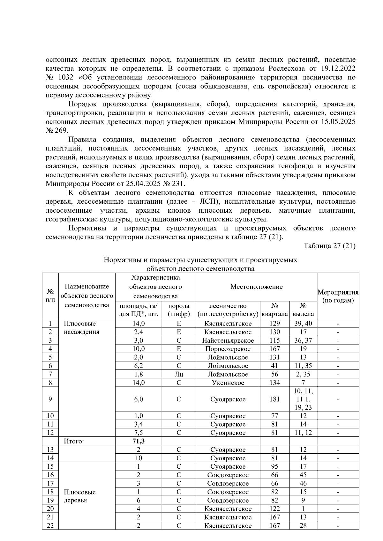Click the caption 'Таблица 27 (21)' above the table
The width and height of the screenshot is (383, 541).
click(329, 246)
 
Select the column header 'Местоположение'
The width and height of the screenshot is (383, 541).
click(256, 287)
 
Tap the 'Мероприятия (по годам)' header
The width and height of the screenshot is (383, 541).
click(338, 296)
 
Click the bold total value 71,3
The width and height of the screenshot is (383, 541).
click(139, 441)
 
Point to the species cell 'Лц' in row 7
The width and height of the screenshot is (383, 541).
click(179, 374)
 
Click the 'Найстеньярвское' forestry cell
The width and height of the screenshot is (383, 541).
click(228, 340)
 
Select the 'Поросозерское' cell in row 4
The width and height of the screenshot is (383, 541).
click(228, 349)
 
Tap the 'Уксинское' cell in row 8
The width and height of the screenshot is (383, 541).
click(228, 383)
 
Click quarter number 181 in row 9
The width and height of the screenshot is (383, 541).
click(274, 399)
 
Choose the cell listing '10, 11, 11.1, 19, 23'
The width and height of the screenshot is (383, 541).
click(303, 399)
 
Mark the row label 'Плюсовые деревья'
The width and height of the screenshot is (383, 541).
click(79, 496)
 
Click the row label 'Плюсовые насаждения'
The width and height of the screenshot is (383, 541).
click(81, 328)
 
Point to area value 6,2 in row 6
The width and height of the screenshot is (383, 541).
click(139, 366)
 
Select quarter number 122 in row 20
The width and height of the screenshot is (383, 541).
click(274, 509)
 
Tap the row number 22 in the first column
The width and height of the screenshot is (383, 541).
click(50, 526)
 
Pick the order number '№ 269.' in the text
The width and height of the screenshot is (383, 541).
click(56, 131)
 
